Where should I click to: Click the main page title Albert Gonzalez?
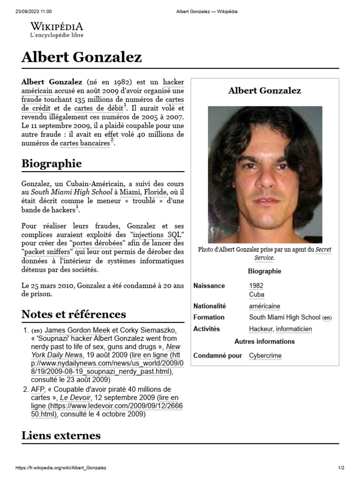click(x=82, y=58)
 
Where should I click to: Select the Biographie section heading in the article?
click(x=52, y=164)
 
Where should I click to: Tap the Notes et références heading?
click(x=74, y=314)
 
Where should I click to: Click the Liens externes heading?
click(x=61, y=435)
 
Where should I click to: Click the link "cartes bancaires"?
click(x=85, y=143)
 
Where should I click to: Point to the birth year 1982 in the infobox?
click(x=256, y=285)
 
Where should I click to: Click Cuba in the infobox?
click(x=256, y=294)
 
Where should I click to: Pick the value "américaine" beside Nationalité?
click(x=264, y=306)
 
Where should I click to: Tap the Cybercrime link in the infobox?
click(x=265, y=356)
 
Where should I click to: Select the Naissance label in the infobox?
click(x=209, y=285)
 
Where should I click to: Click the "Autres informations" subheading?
click(x=264, y=341)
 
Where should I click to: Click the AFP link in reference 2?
click(x=37, y=389)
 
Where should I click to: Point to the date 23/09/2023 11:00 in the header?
click(x=34, y=11)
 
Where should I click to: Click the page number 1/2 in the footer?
click(x=341, y=468)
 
